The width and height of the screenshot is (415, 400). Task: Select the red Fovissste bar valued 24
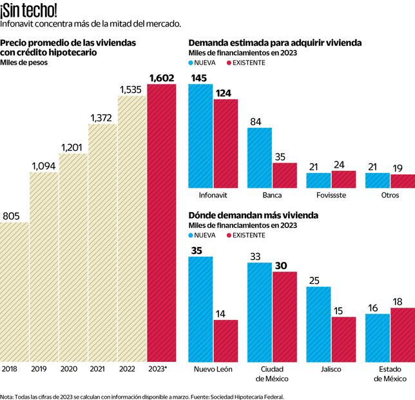[x=343, y=179]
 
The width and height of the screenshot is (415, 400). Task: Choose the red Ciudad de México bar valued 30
[x=284, y=316]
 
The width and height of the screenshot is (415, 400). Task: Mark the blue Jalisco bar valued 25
[x=318, y=323]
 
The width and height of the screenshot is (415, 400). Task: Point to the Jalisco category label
[x=330, y=368]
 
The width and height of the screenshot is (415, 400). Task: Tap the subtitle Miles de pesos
[x=20, y=63]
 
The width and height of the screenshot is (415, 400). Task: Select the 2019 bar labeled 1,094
[x=43, y=266]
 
